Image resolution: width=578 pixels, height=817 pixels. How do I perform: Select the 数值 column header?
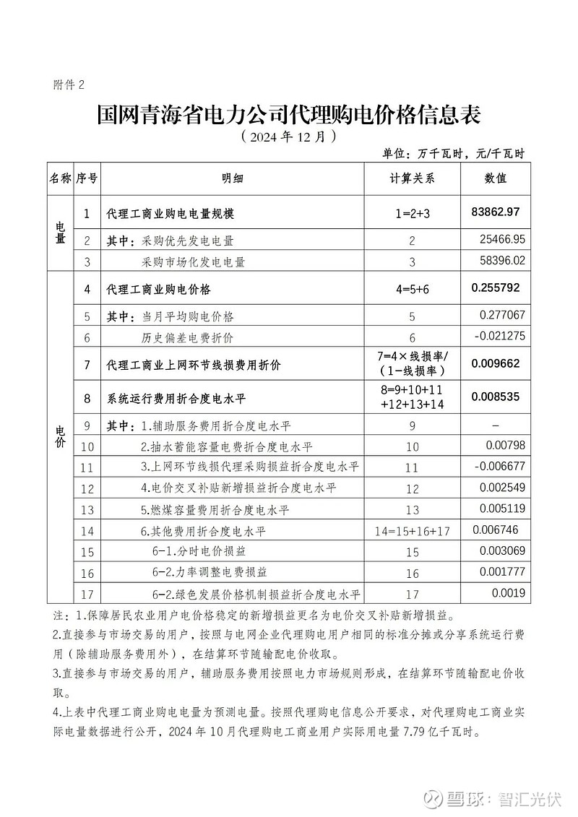(495, 178)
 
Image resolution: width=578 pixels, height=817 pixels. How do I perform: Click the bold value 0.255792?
(495, 288)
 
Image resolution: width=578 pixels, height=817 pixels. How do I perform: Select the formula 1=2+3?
(412, 214)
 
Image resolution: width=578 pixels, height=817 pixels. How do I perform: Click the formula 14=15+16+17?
(413, 531)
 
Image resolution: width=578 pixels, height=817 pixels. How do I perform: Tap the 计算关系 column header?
(412, 178)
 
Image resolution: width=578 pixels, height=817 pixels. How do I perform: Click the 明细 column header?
(233, 178)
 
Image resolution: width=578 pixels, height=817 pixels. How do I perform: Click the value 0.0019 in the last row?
(511, 594)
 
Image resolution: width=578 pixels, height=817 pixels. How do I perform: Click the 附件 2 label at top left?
(69, 85)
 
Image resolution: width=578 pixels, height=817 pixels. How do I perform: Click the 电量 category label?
(61, 232)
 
